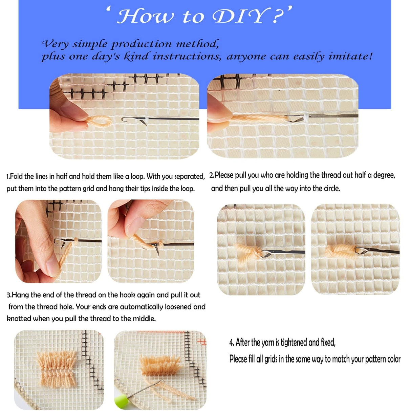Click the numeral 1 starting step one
[8, 176]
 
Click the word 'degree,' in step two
[384, 175]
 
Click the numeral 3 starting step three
[8, 295]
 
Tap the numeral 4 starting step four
[231, 343]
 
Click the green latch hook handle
[121, 402]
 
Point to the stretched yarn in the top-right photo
[257, 118]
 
